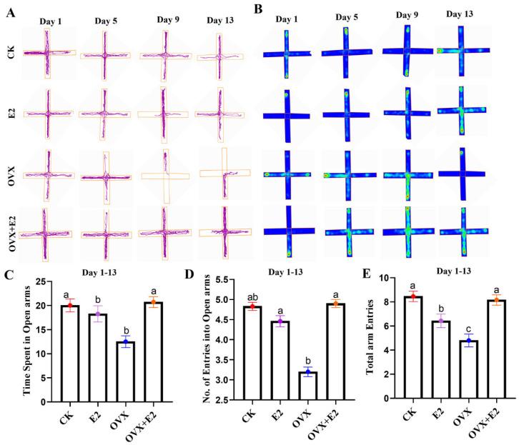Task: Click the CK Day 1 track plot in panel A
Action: pyautogui.click(x=48, y=52)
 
